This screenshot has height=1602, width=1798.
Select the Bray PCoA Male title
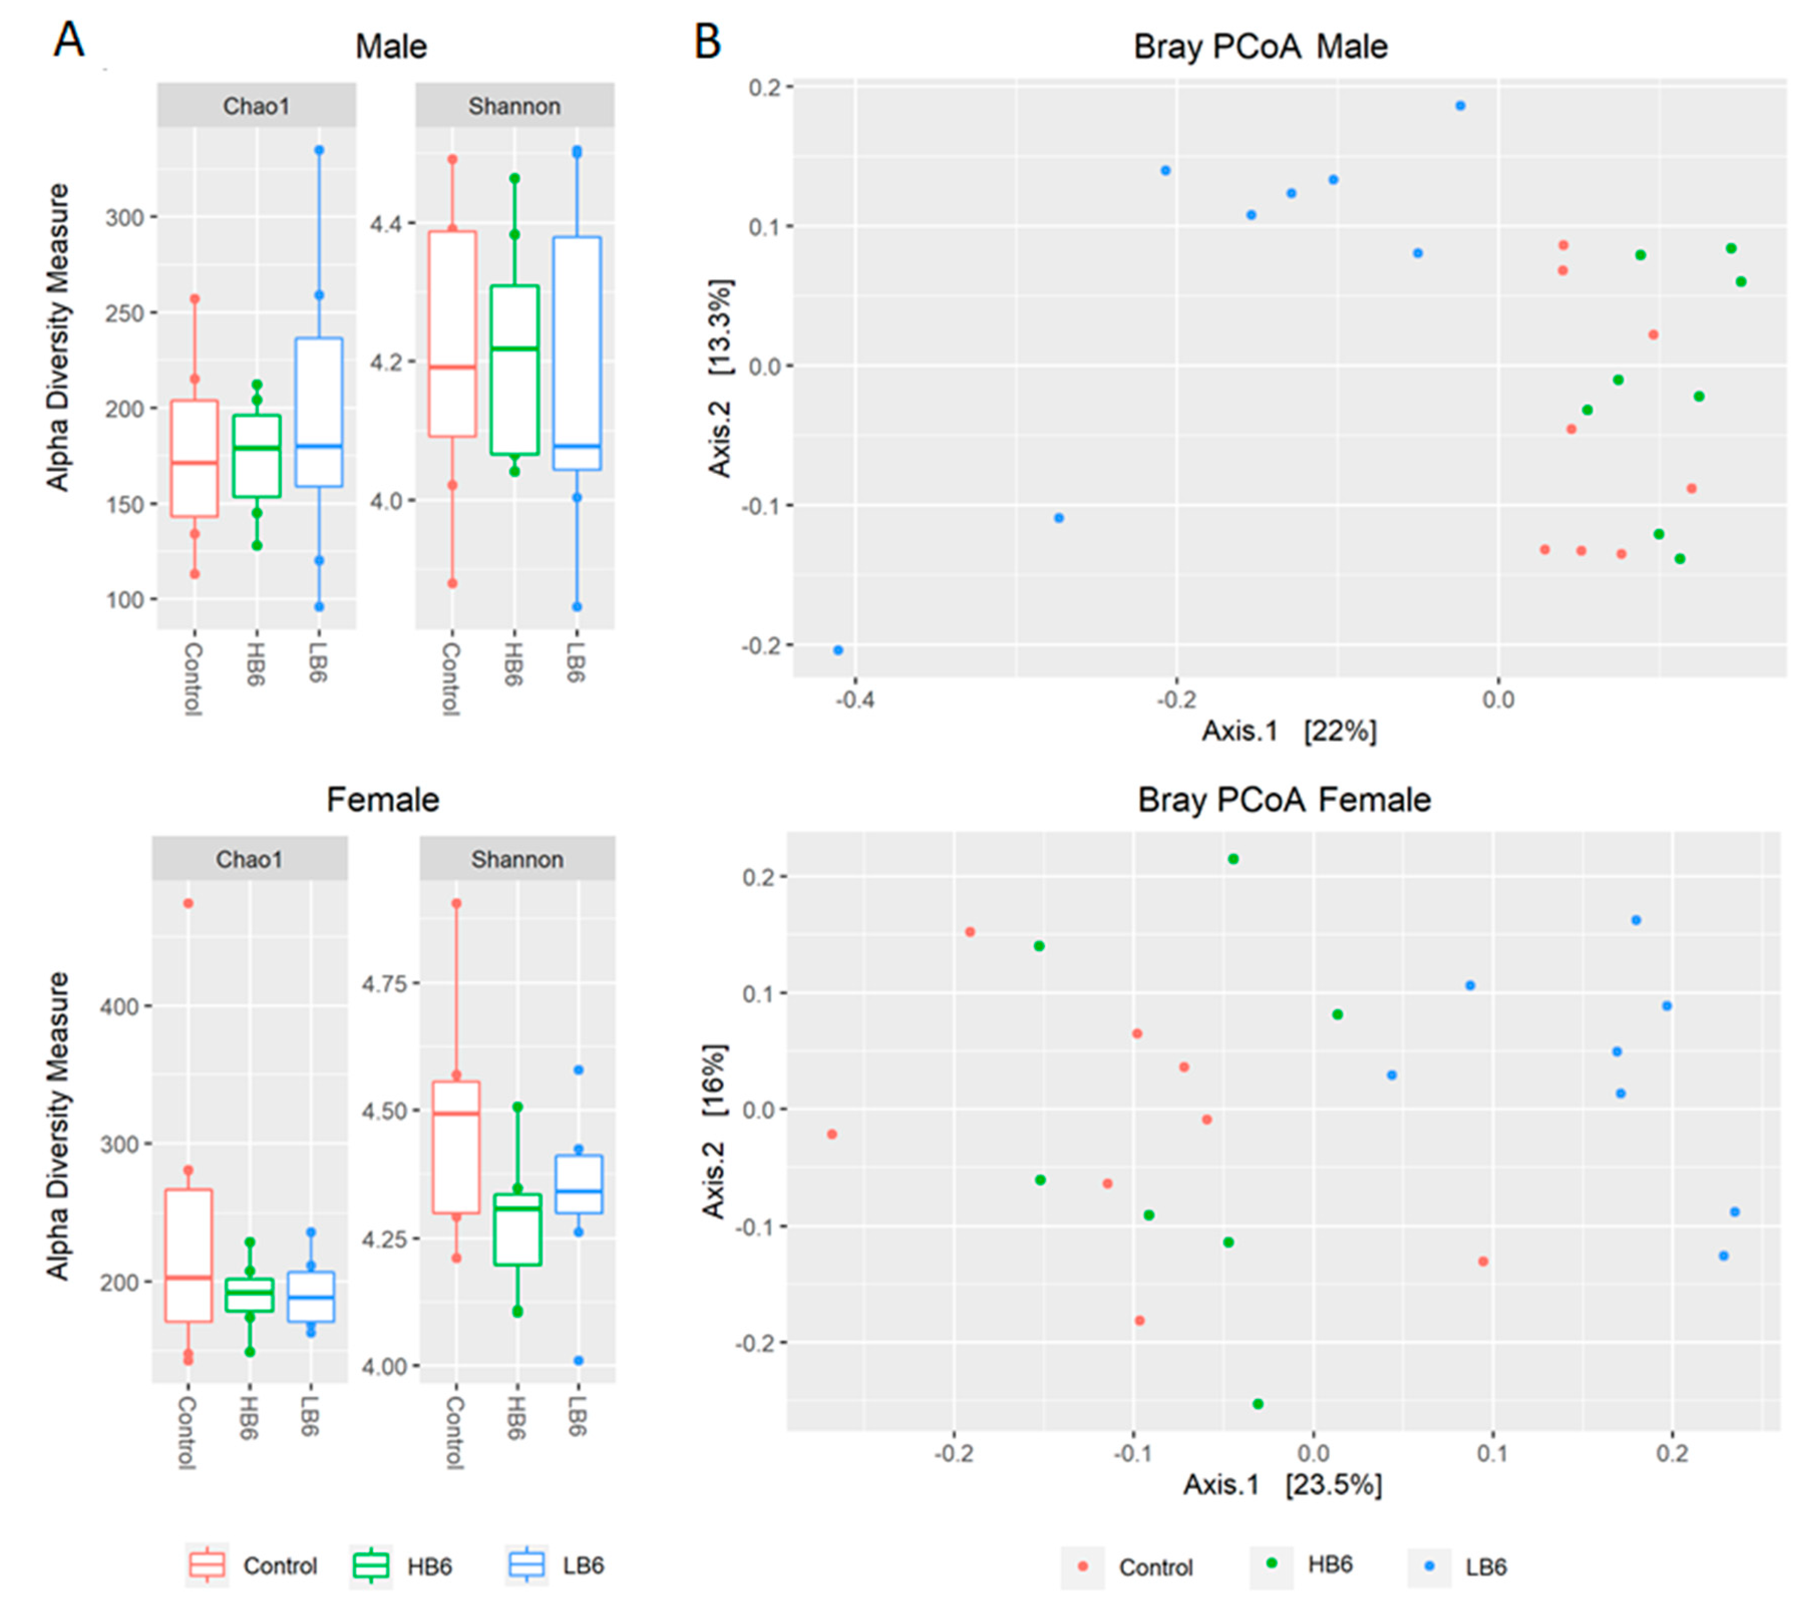pos(1261,46)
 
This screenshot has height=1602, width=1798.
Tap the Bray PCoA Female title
pos(1284,799)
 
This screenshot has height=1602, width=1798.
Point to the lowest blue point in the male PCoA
pos(838,650)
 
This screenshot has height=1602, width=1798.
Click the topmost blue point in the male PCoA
pos(1460,106)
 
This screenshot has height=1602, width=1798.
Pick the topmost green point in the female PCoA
pos(1233,859)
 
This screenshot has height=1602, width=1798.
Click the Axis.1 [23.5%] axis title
pos(1282,1485)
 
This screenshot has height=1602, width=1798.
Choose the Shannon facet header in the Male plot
pos(514,106)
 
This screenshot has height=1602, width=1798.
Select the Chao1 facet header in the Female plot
pos(249,859)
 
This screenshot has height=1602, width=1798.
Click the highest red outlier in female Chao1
pos(188,903)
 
